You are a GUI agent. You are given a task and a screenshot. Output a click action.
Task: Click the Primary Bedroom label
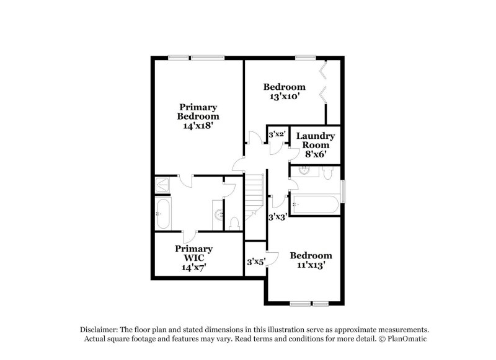198,112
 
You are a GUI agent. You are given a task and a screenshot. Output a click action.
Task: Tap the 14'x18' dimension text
198,125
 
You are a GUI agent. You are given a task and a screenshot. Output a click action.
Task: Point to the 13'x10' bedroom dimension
285,97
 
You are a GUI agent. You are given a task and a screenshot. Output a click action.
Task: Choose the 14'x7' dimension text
193,267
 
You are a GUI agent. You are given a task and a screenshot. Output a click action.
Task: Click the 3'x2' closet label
277,134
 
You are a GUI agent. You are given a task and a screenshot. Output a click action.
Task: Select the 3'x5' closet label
256,262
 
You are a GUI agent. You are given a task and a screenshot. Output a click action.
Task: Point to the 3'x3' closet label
277,217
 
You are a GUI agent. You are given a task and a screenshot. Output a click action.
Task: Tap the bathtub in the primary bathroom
163,214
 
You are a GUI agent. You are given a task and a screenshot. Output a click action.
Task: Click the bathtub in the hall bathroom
316,204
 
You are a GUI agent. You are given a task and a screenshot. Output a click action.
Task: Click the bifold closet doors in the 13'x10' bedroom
323,84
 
